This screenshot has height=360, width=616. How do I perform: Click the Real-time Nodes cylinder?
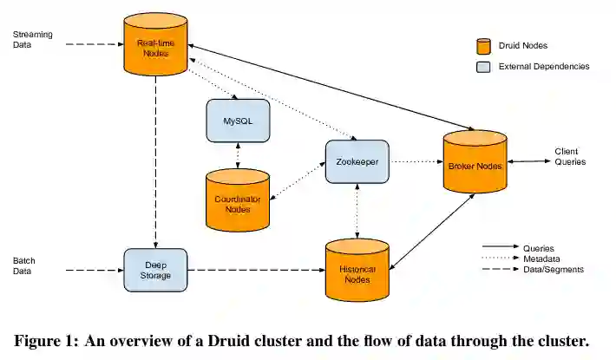[x=155, y=44]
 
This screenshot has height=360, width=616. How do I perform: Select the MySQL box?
[x=238, y=121]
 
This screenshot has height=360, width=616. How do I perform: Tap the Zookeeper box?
[x=357, y=161]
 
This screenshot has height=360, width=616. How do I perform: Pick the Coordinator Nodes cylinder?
[x=238, y=200]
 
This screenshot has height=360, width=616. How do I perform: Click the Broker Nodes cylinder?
[x=475, y=161]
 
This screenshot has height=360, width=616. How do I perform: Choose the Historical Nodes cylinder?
[x=357, y=270]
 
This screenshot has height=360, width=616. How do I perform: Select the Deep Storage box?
[x=155, y=270]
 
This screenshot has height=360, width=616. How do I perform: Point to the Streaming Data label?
[x=33, y=39]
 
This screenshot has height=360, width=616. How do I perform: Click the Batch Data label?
[x=24, y=265]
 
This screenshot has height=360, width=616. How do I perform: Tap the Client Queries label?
[x=570, y=157]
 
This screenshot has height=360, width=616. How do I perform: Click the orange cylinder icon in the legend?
[x=483, y=46]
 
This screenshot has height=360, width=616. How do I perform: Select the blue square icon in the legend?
[x=483, y=67]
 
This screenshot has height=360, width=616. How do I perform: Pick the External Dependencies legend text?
[x=544, y=66]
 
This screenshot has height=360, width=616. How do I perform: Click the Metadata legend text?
[x=541, y=259]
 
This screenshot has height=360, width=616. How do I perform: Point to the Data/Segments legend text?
[x=554, y=269]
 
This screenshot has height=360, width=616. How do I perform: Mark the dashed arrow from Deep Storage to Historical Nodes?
[x=257, y=270]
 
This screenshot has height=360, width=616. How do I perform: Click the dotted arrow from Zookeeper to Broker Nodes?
[x=416, y=161]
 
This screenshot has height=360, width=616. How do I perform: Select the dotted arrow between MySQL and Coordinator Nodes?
[x=238, y=155]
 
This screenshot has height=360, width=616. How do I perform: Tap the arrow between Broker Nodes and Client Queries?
[x=529, y=161]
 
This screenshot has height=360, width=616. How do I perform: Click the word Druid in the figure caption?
[x=229, y=341]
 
